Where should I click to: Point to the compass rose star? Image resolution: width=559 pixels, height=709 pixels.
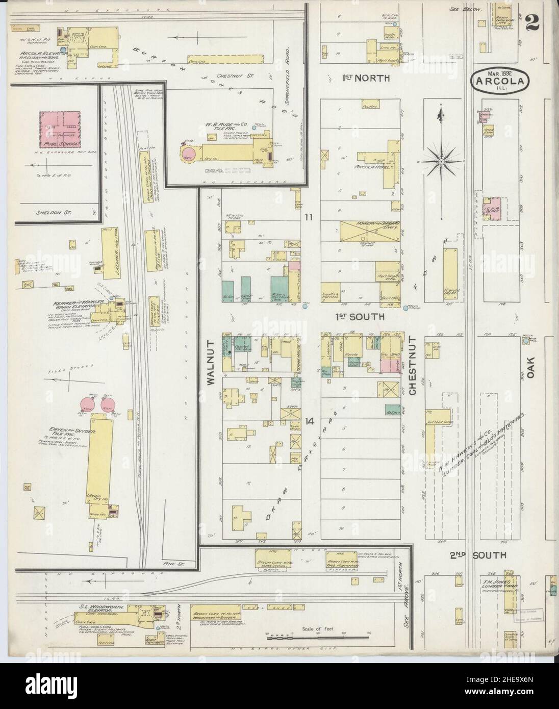point(440,162)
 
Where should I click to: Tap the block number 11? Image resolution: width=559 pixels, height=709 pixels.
point(308,217)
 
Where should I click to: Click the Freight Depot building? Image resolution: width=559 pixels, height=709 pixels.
point(450,273)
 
